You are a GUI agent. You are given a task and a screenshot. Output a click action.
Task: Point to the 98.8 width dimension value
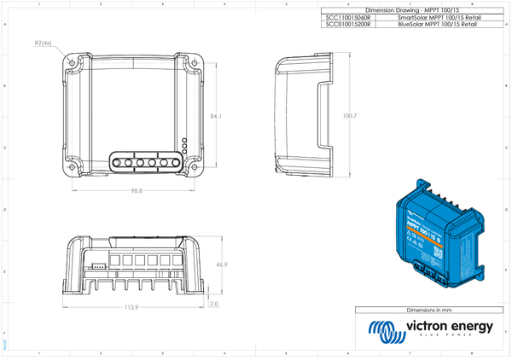(137, 191)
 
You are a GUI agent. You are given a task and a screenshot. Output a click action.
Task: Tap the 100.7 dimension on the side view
(348, 115)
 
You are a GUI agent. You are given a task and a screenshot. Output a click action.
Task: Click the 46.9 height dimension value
(221, 264)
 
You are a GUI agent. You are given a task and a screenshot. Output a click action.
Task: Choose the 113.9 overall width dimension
(131, 305)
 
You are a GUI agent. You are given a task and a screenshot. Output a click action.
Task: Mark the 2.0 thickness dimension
(214, 303)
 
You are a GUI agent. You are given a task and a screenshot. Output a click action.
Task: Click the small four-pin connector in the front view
(100, 265)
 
